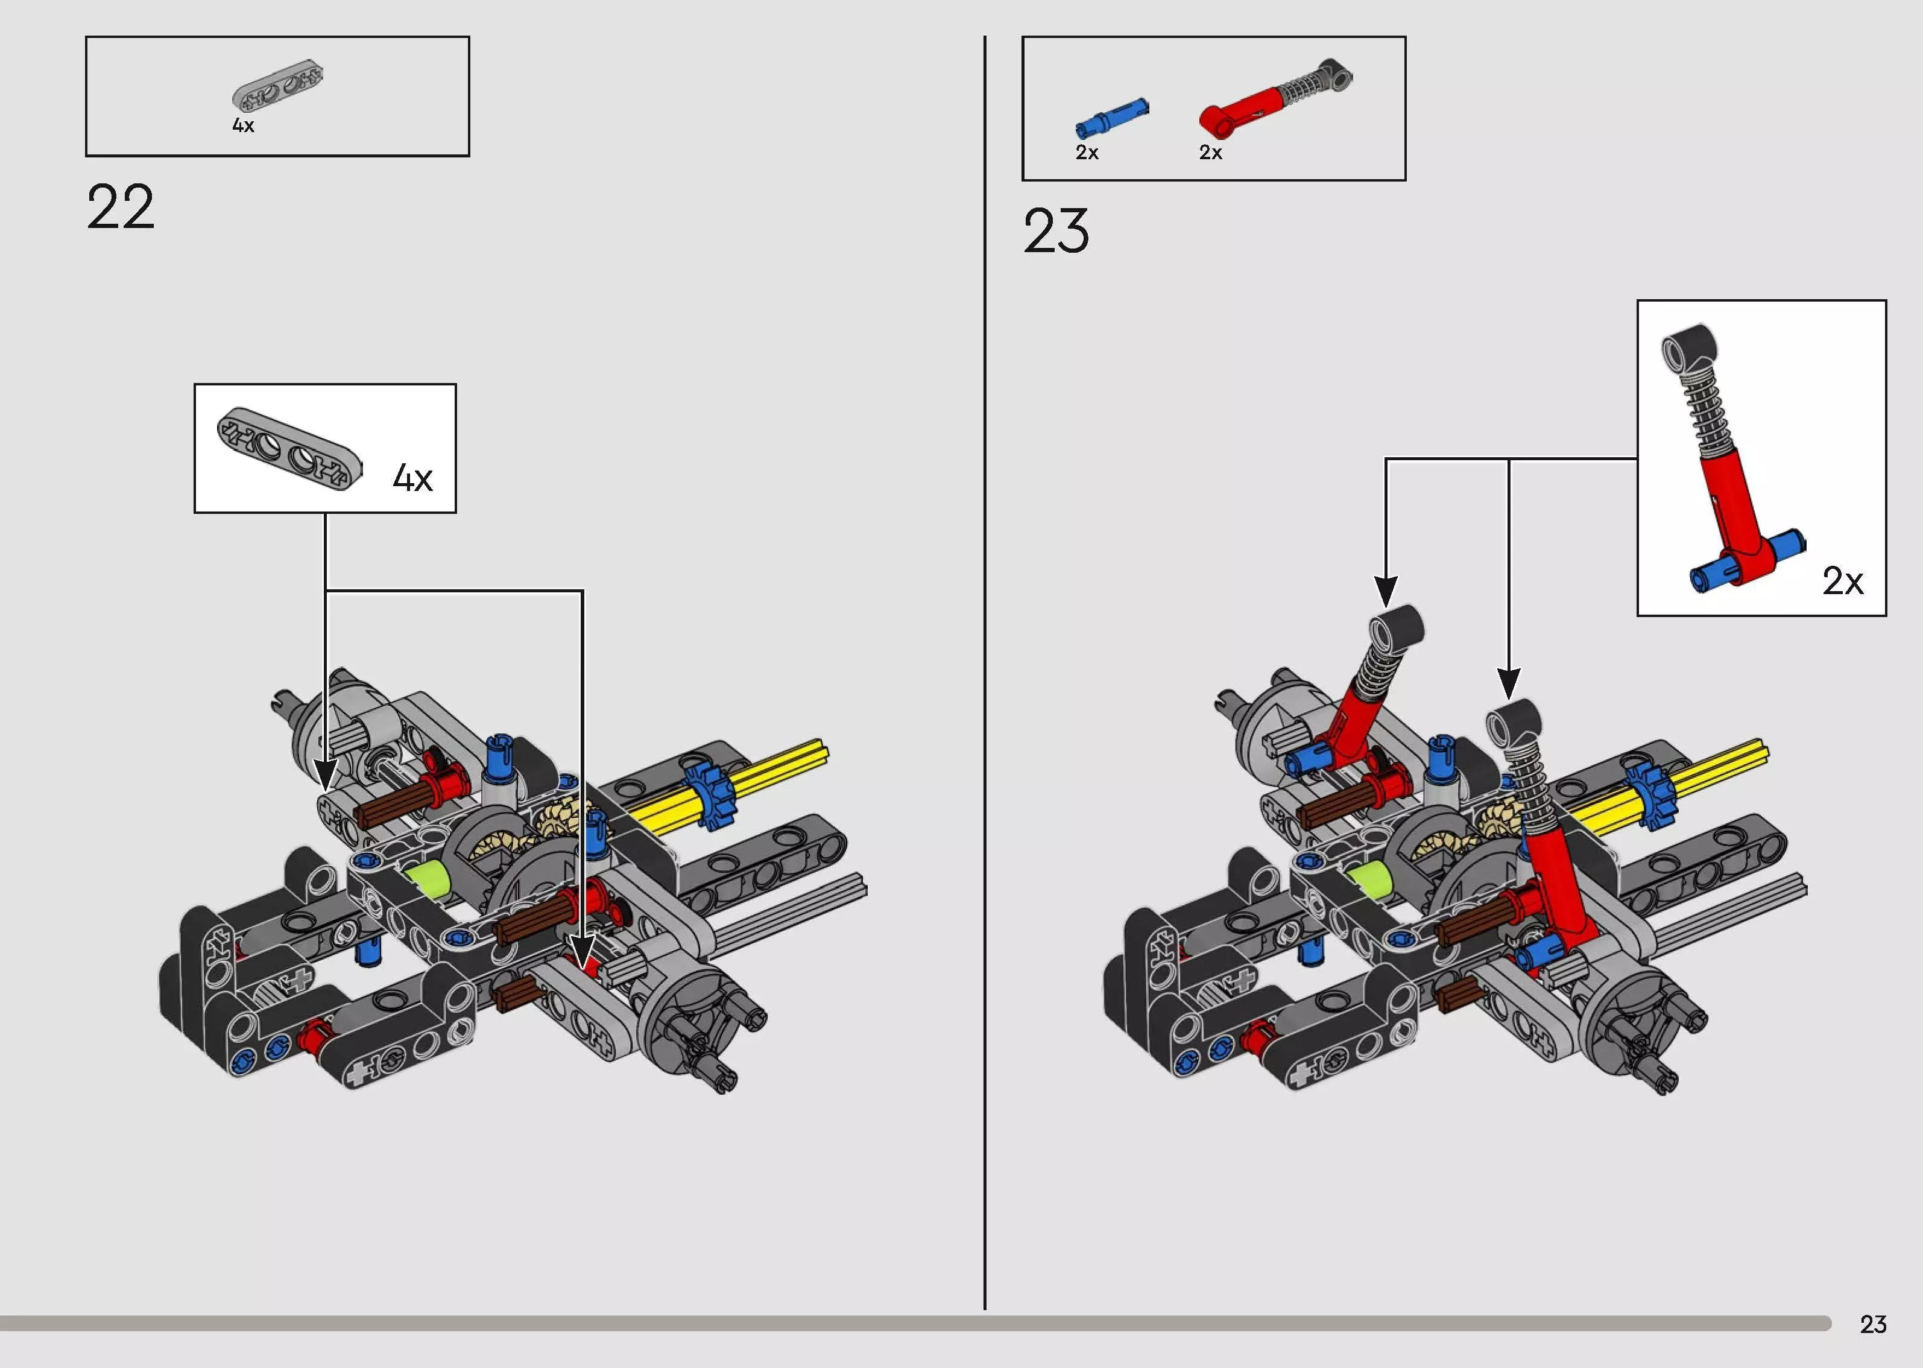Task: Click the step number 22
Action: pos(121,207)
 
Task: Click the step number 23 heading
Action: pos(1056,232)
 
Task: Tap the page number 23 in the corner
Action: pos(1872,1324)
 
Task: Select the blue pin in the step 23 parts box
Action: pos(1111,118)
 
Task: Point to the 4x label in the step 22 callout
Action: pos(412,478)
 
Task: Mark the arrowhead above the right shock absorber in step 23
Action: pos(1509,682)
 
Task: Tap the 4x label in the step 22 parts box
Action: pos(244,125)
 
